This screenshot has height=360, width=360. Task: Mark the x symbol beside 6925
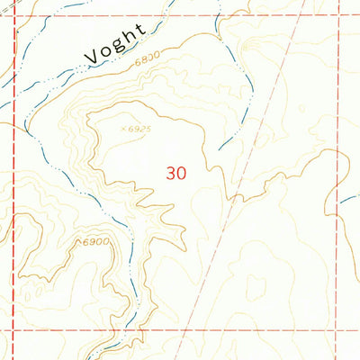click(123, 128)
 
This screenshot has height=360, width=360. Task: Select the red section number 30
click(176, 172)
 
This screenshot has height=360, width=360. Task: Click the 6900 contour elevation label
click(94, 242)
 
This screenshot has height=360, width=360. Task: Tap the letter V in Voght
click(91, 58)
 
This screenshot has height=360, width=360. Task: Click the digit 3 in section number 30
click(171, 172)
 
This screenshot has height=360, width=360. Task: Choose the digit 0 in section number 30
click(182, 172)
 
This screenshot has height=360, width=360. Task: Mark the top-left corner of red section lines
click(15, 15)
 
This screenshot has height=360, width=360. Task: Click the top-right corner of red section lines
click(339, 15)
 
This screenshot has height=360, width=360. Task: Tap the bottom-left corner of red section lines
click(15, 330)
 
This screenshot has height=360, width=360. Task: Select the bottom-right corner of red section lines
click(339, 330)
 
